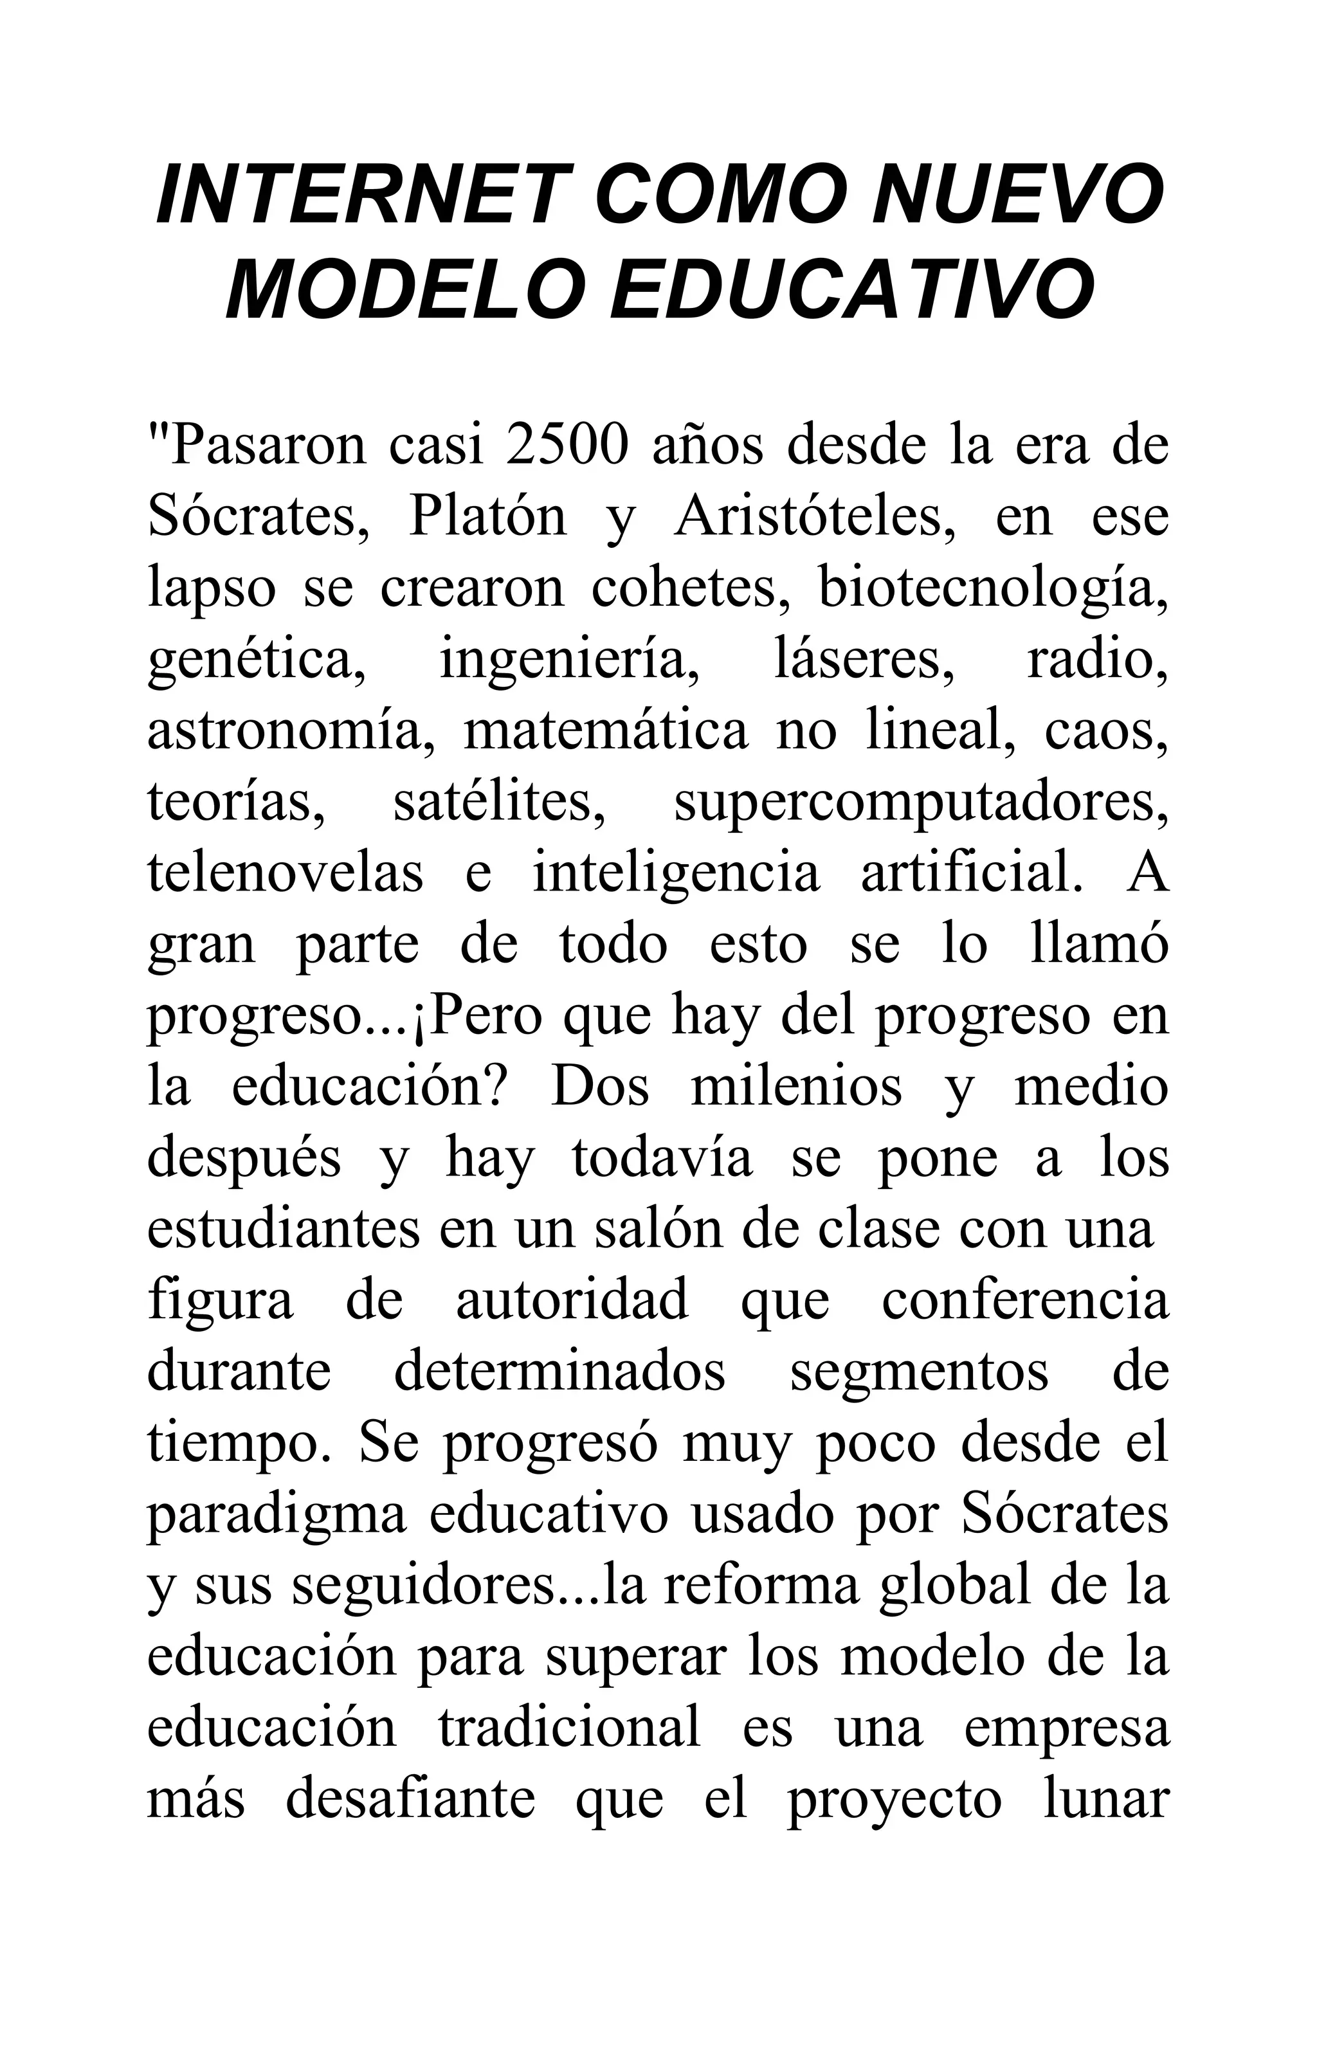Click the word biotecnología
pyautogui.click(x=993, y=589)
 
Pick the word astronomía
pyautogui.click(x=291, y=732)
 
